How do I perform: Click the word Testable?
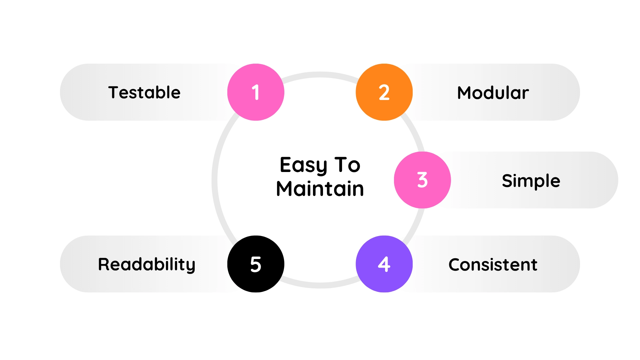(x=144, y=92)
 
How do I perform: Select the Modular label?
(x=493, y=92)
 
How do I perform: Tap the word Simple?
(x=531, y=181)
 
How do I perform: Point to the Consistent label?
(x=493, y=265)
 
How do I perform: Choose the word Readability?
(x=147, y=265)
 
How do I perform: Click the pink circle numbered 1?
(x=256, y=92)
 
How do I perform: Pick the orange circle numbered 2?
(x=384, y=92)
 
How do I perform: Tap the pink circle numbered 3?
(x=422, y=180)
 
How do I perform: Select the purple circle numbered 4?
(x=384, y=264)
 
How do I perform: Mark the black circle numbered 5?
(x=256, y=264)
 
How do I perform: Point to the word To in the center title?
(x=347, y=165)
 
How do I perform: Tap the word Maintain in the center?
(x=320, y=189)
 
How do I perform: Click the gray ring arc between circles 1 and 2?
(x=320, y=75)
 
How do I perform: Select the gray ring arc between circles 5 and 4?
(x=320, y=285)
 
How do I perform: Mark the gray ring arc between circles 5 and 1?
(x=215, y=180)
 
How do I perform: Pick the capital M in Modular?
(x=465, y=93)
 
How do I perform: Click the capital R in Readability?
(x=104, y=264)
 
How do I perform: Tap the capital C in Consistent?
(x=455, y=265)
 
